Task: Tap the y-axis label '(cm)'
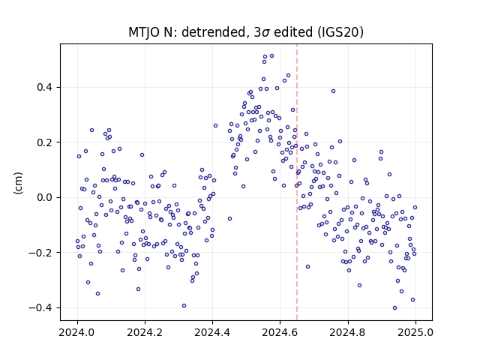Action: coord(18,183)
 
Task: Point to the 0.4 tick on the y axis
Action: coord(44,87)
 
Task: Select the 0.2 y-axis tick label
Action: coord(44,142)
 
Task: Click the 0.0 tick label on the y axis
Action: coord(44,197)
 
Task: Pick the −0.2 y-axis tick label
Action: coord(40,253)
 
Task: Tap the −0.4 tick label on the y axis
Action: coord(40,307)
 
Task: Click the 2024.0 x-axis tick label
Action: coord(77,332)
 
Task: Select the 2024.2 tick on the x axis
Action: coord(145,332)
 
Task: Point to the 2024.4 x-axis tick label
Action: coord(212,332)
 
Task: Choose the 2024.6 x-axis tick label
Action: coord(280,332)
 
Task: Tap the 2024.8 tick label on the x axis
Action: coord(347,332)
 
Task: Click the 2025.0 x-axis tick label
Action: coord(415,332)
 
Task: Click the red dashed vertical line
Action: coord(297,182)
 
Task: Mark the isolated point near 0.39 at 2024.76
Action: coord(333,91)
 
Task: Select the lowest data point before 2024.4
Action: coord(184,305)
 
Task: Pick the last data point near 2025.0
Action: coord(415,208)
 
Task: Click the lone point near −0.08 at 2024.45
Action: coord(230,218)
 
